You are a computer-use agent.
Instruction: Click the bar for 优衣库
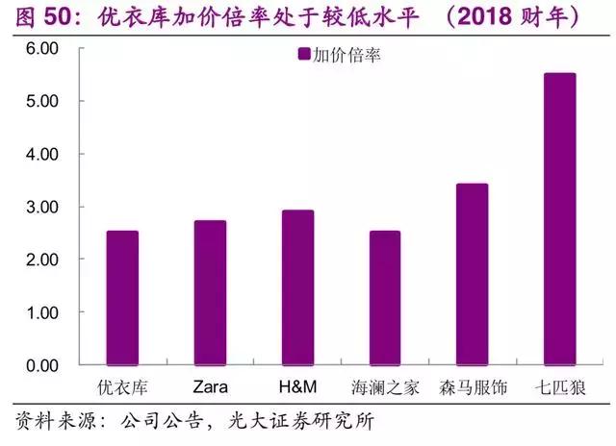[x=122, y=298]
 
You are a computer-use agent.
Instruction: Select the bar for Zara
[x=210, y=293]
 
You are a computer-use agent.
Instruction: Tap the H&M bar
[x=297, y=288]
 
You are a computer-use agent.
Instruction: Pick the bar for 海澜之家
[x=385, y=298]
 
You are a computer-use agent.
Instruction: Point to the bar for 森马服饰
[x=473, y=275]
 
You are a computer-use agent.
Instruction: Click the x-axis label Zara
[x=210, y=388]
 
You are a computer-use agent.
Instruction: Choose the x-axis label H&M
[x=297, y=388]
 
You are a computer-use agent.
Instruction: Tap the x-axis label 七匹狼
[x=560, y=388]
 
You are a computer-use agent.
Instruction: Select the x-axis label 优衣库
[x=122, y=388]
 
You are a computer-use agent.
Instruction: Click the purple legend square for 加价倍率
[x=304, y=56]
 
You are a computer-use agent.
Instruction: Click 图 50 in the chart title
[x=38, y=16]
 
